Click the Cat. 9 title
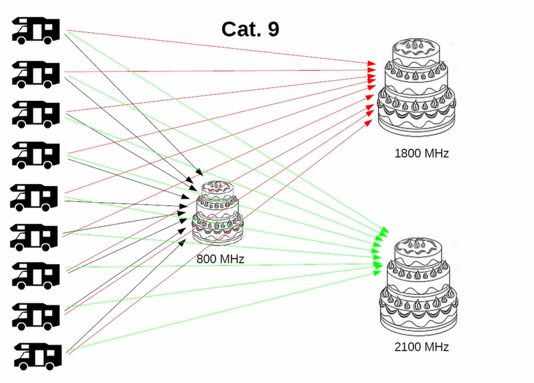pyautogui.click(x=249, y=30)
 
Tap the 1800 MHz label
pyautogui.click(x=421, y=153)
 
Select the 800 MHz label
pyautogui.click(x=220, y=259)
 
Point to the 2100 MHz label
pyautogui.click(x=421, y=347)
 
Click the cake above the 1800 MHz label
pyautogui.click(x=417, y=89)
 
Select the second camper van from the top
pyautogui.click(x=36, y=73)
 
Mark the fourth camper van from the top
pyautogui.click(x=36, y=154)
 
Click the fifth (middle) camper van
pyautogui.click(x=36, y=196)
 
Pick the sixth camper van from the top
pyautogui.click(x=36, y=236)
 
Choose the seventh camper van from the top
pyautogui.click(x=36, y=275)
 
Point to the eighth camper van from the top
pyautogui.click(x=36, y=316)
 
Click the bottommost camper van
pyautogui.click(x=36, y=355)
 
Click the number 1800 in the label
pyautogui.click(x=408, y=153)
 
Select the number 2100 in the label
pyautogui.click(x=408, y=347)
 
